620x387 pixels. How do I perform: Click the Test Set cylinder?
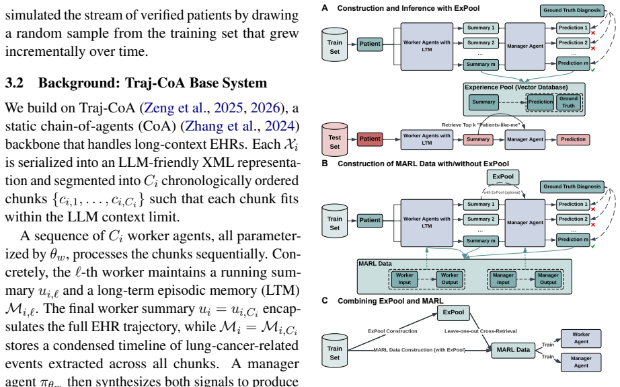click(334, 139)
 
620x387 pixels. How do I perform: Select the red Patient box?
click(370, 139)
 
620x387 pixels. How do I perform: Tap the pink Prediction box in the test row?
click(573, 139)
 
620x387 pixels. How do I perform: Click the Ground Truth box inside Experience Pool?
click(568, 102)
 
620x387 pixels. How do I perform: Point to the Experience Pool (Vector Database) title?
click(516, 87)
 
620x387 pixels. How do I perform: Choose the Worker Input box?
click(405, 279)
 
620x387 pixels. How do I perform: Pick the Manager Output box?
click(548, 279)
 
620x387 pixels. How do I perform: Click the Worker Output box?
click(450, 279)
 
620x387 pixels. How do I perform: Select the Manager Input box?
click(503, 279)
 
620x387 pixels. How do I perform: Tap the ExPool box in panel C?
click(453, 312)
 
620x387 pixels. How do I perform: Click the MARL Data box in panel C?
click(513, 350)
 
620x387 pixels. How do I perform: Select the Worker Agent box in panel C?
click(581, 338)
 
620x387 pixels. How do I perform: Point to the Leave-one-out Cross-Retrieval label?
click(480, 331)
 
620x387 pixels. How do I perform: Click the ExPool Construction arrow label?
click(392, 331)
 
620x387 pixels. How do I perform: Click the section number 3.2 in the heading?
click(14, 83)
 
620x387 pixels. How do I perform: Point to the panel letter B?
click(325, 164)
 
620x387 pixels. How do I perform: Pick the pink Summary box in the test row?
click(478, 139)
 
